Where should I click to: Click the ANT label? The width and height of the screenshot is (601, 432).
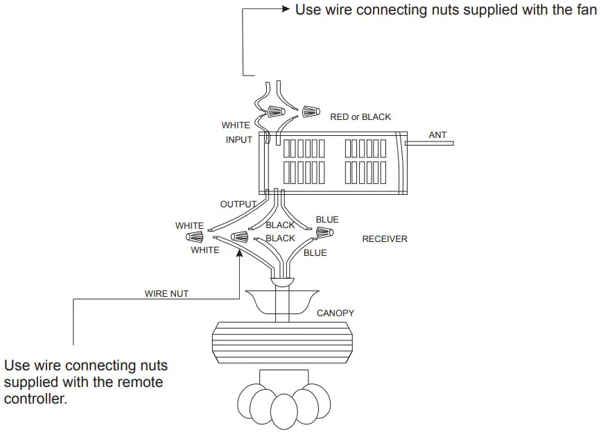click(437, 135)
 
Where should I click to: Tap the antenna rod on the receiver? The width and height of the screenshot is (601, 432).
click(429, 144)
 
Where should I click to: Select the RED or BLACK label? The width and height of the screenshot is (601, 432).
click(360, 117)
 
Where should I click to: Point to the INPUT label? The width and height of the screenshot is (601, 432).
click(238, 140)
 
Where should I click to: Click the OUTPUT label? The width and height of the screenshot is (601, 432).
click(238, 205)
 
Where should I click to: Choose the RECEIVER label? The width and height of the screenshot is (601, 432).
click(385, 239)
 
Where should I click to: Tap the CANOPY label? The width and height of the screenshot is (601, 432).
click(336, 313)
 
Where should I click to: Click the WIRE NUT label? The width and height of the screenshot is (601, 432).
click(166, 293)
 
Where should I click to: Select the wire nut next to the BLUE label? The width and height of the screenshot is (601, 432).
click(324, 232)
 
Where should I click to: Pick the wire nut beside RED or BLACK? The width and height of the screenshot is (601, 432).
click(311, 112)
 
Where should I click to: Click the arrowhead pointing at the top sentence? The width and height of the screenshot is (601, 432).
click(286, 9)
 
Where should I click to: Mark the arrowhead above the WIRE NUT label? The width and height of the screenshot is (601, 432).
click(240, 253)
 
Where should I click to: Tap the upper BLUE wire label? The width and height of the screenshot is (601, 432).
click(327, 220)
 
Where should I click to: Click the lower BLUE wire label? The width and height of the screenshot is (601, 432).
click(315, 253)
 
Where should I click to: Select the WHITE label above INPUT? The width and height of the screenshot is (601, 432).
click(236, 126)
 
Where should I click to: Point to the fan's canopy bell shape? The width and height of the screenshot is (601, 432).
click(281, 301)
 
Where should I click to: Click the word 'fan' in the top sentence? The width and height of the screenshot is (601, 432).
click(586, 10)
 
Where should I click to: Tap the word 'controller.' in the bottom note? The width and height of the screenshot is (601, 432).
click(35, 399)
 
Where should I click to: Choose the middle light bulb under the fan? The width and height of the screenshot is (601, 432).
click(284, 412)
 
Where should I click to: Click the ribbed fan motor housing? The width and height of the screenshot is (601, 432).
click(282, 343)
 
